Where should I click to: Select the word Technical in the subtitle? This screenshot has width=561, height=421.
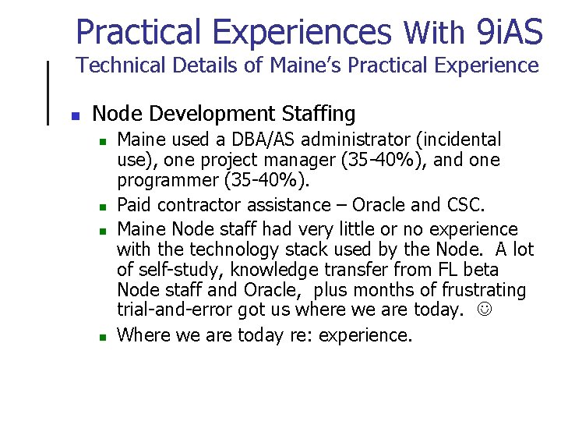click(118, 65)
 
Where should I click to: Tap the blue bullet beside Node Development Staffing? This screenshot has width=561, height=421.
click(76, 116)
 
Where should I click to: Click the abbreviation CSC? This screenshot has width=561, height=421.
click(465, 205)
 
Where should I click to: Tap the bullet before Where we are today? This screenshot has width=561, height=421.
click(101, 338)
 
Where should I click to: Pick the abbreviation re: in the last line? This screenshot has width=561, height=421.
click(319, 335)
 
